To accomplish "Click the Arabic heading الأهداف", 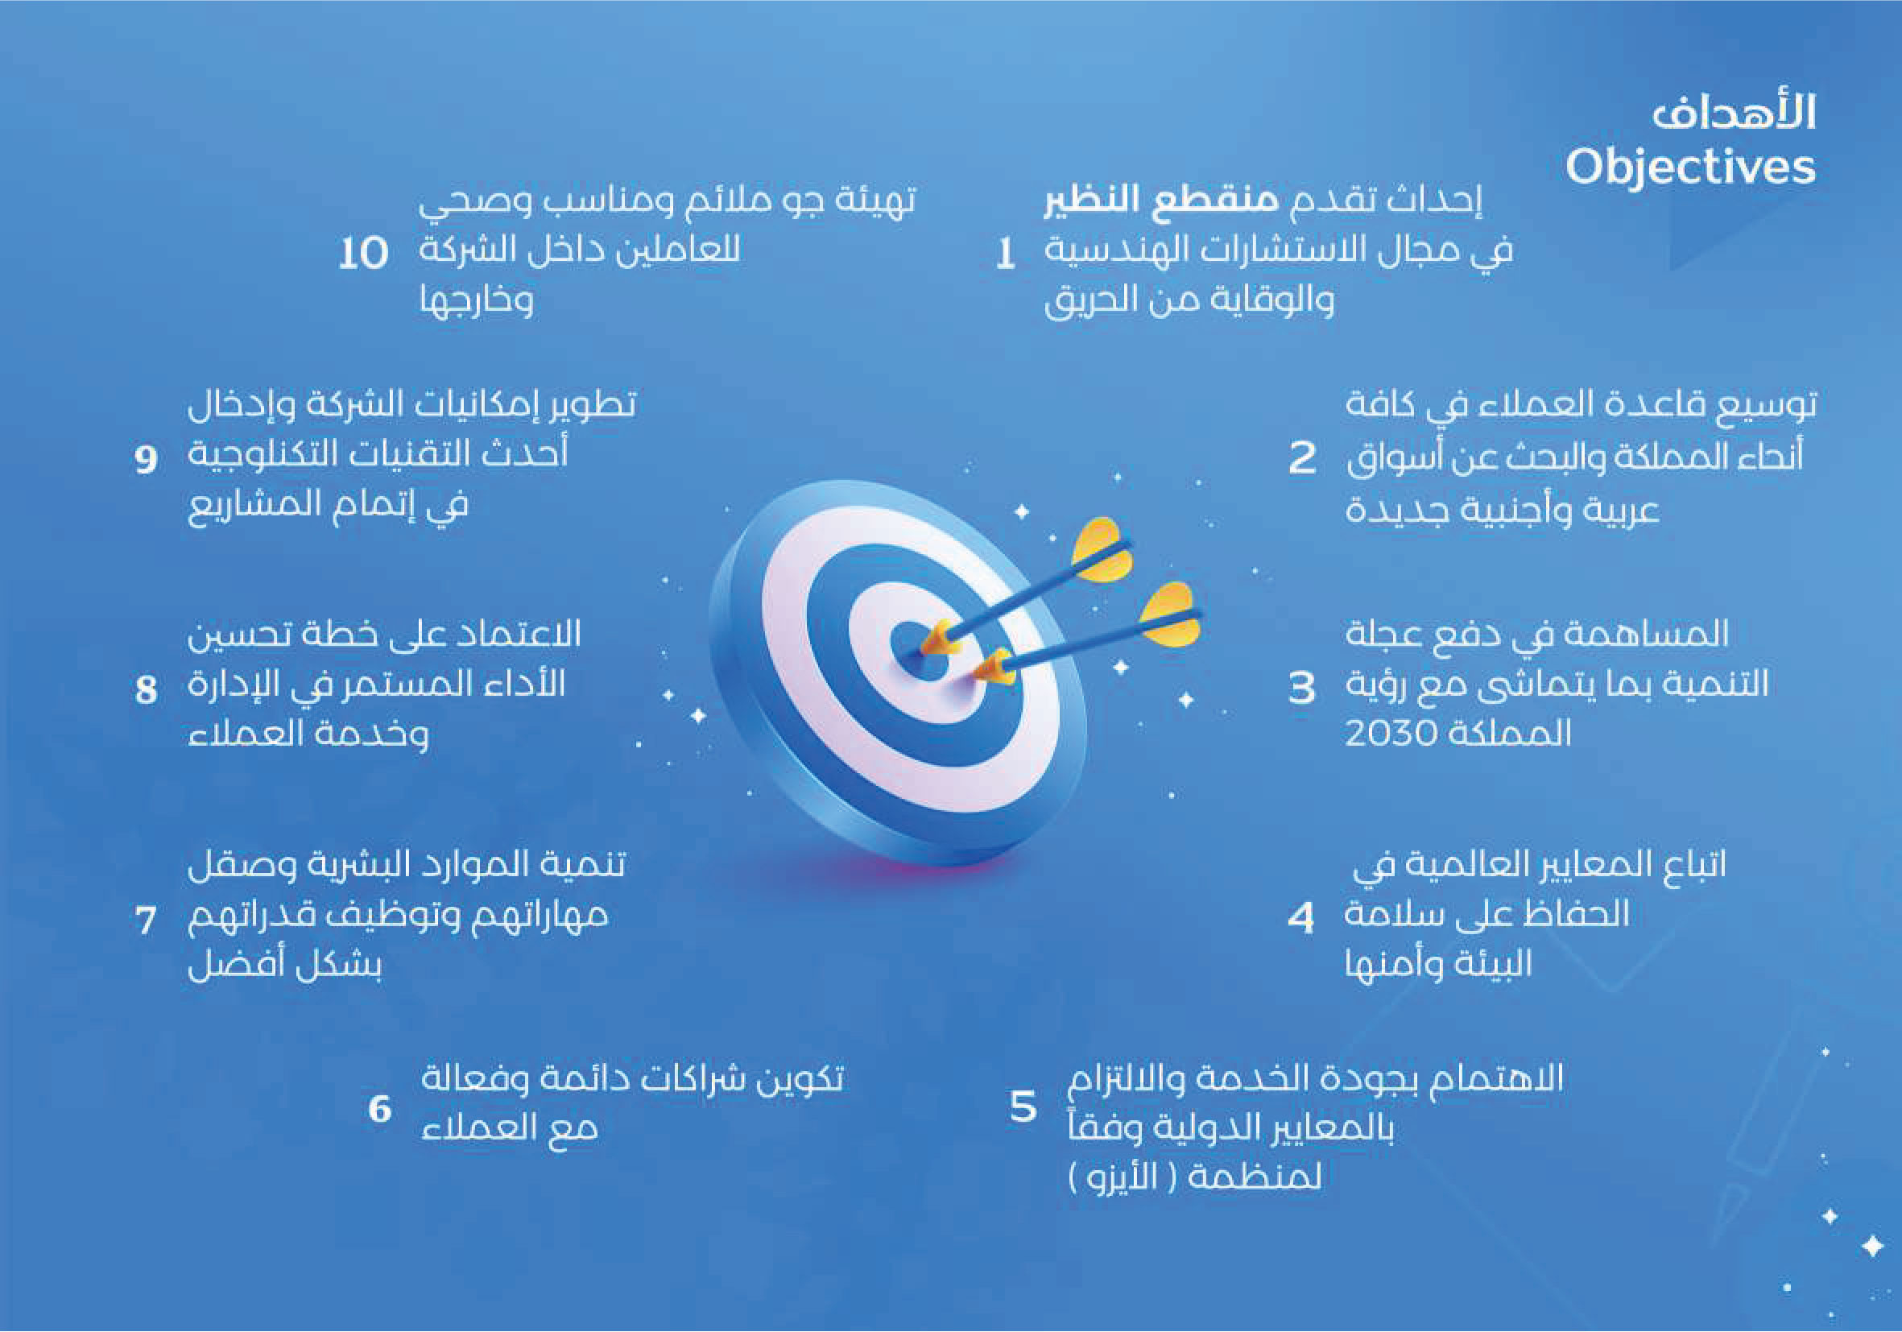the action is point(1734,113).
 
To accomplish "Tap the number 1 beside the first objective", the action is point(1005,254).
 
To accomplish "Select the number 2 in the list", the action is point(1302,457).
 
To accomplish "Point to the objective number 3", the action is point(1301,688).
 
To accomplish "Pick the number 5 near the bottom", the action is point(1023,1107).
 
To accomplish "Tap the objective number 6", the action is point(379,1109).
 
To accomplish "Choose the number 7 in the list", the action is point(145,920).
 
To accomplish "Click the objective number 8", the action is point(146,689).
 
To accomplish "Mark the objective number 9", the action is point(146,459).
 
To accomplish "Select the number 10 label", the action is point(364,253).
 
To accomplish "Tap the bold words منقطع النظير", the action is point(1161,201).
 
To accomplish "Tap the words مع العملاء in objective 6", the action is point(510,1128).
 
